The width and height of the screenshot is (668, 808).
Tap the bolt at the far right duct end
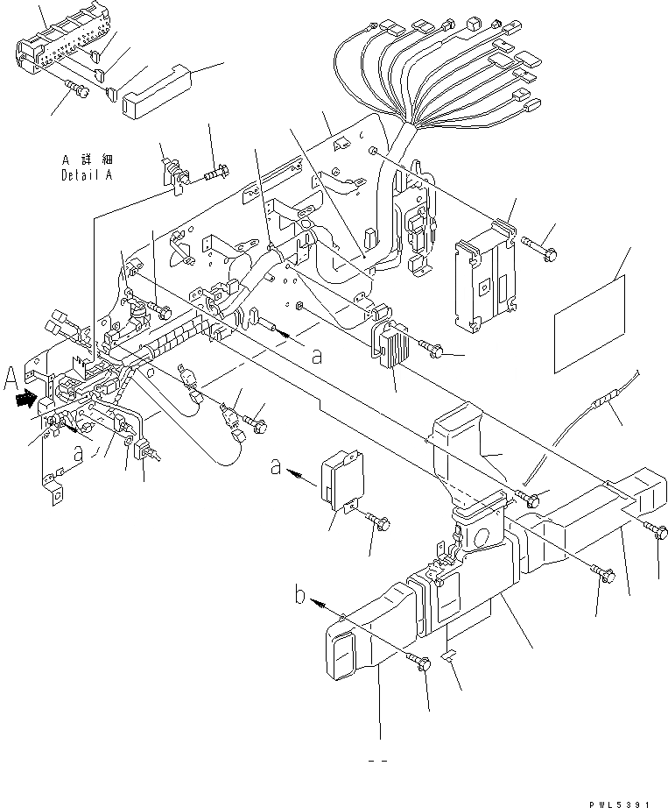click(660, 531)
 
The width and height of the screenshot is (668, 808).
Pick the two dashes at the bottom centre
click(379, 761)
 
